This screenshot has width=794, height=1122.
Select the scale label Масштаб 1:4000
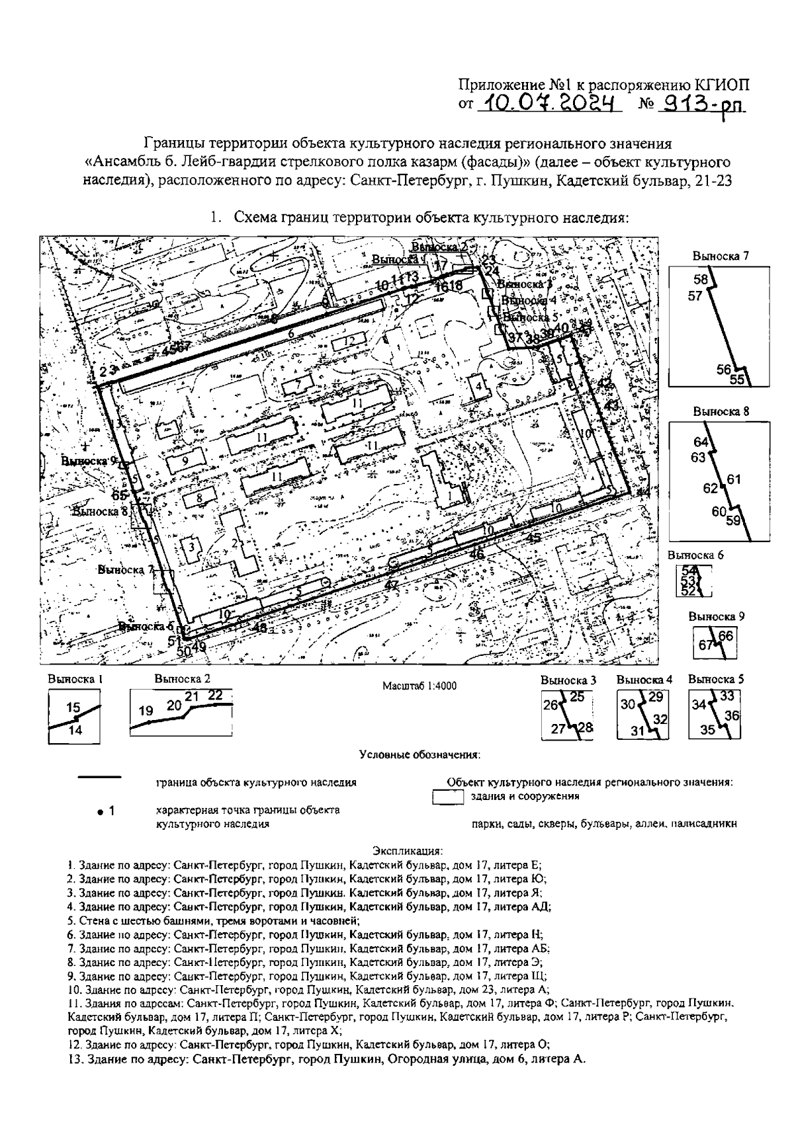(419, 686)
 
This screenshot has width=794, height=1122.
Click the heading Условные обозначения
(419, 754)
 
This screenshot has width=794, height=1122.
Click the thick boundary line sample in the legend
(99, 776)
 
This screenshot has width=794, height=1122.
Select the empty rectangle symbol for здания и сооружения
(447, 797)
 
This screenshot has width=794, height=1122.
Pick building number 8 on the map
(198, 498)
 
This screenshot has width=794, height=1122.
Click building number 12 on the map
(350, 341)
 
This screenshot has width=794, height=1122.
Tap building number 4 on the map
(476, 385)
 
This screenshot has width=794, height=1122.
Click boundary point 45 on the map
(534, 538)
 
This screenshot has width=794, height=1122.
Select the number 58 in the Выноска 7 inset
(701, 280)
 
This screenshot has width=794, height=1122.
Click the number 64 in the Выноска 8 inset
(701, 442)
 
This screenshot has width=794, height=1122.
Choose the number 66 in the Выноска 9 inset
(726, 636)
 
